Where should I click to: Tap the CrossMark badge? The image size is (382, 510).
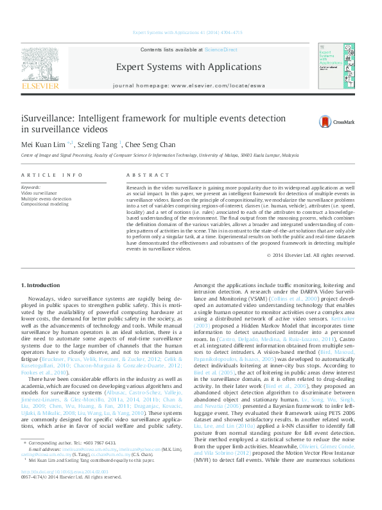[x=334, y=121]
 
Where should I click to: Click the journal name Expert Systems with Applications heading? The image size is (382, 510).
[x=188, y=67]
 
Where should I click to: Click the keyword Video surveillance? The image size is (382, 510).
[x=39, y=193]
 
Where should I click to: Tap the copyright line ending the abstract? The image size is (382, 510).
[x=319, y=255]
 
